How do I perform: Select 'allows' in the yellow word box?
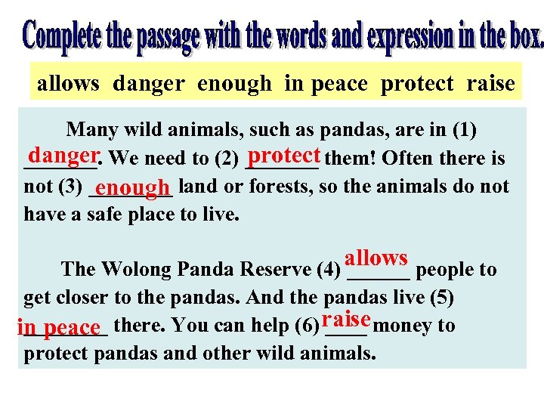(x=68, y=83)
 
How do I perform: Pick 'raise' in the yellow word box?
(x=490, y=83)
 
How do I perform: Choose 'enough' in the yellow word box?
(x=233, y=83)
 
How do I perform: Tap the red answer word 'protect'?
(x=284, y=156)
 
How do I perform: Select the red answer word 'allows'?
(x=376, y=258)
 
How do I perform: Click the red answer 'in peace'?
(x=59, y=328)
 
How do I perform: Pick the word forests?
(x=277, y=186)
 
